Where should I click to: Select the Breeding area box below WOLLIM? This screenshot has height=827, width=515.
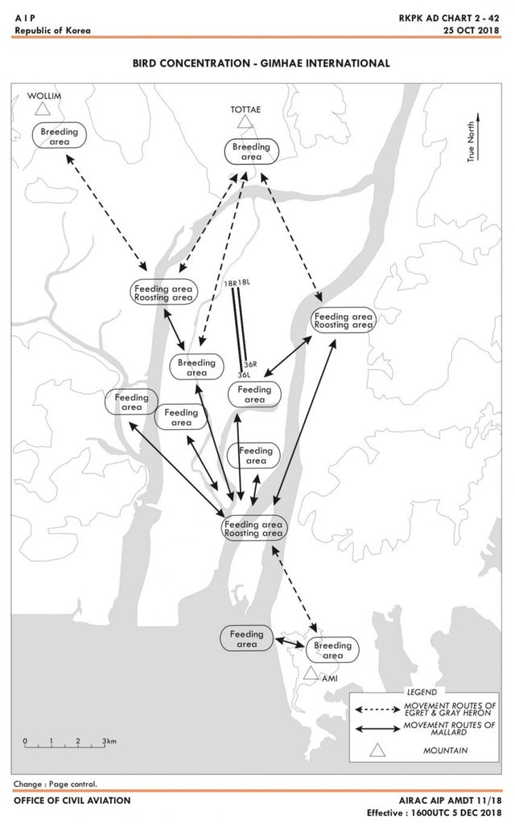pyautogui.click(x=60, y=136)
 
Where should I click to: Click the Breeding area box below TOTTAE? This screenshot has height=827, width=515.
pyautogui.click(x=251, y=152)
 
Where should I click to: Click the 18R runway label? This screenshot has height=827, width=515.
pyautogui.click(x=231, y=283)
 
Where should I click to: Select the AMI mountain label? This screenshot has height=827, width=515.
pyautogui.click(x=328, y=678)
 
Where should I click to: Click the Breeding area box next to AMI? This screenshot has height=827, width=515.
pyautogui.click(x=332, y=649)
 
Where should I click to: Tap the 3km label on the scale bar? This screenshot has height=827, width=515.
pyautogui.click(x=109, y=741)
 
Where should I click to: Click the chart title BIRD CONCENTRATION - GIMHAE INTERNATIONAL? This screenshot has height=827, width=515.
pyautogui.click(x=262, y=63)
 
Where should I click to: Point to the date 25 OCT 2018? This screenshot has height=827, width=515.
pyautogui.click(x=471, y=31)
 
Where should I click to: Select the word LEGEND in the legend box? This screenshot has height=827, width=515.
pyautogui.click(x=421, y=692)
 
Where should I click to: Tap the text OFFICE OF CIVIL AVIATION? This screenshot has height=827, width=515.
pyautogui.click(x=72, y=800)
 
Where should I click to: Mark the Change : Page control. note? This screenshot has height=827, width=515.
pyautogui.click(x=55, y=784)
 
